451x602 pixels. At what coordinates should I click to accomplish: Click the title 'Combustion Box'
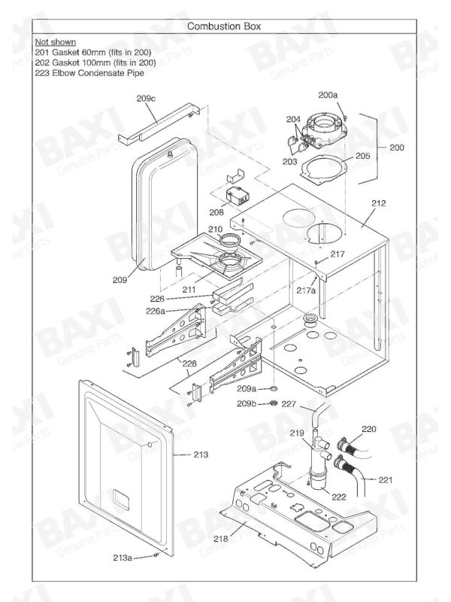(x=224, y=26)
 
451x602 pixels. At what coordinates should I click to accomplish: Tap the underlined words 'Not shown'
(x=55, y=42)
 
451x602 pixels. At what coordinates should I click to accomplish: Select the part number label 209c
(x=146, y=99)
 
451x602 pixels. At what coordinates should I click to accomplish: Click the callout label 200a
(x=328, y=95)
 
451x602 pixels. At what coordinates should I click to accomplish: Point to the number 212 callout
(x=379, y=203)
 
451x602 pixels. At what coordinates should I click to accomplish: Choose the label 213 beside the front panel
(x=201, y=455)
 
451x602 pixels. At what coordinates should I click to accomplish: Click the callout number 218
(x=220, y=539)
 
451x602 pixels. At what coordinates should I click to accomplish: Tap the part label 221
(x=386, y=480)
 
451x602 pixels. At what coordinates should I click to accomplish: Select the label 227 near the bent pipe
(x=289, y=404)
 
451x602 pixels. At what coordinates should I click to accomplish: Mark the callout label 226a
(x=156, y=311)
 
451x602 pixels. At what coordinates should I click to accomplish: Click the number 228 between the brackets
(x=189, y=363)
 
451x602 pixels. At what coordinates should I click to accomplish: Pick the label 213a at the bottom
(x=123, y=558)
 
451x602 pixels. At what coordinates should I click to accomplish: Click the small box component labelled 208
(x=237, y=196)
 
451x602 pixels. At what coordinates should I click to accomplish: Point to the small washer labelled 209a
(x=273, y=389)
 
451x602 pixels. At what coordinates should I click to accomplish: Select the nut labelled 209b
(x=273, y=403)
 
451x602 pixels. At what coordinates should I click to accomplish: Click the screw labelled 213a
(x=156, y=555)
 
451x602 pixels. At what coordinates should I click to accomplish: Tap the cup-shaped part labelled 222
(x=316, y=482)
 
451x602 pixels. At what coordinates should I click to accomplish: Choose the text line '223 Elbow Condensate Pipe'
(x=89, y=73)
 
